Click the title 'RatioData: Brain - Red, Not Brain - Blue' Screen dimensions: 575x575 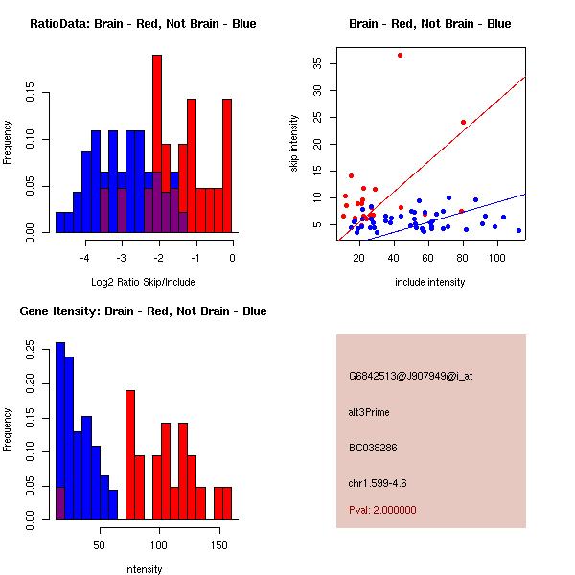point(143,24)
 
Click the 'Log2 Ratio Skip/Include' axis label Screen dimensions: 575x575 point(143,282)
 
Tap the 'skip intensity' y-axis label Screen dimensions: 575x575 point(295,143)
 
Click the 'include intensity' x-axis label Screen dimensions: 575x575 point(430,282)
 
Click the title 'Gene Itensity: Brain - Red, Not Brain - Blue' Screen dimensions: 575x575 point(143,311)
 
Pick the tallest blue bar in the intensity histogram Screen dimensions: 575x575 point(60,431)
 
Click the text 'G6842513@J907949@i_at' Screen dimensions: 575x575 point(411,376)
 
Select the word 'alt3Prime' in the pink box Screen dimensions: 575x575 point(370,412)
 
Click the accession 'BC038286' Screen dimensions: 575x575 point(373,448)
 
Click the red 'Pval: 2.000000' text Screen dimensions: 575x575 point(382,510)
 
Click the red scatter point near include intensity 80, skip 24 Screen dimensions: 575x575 point(463,122)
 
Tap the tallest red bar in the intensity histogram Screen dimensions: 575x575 point(130,455)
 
